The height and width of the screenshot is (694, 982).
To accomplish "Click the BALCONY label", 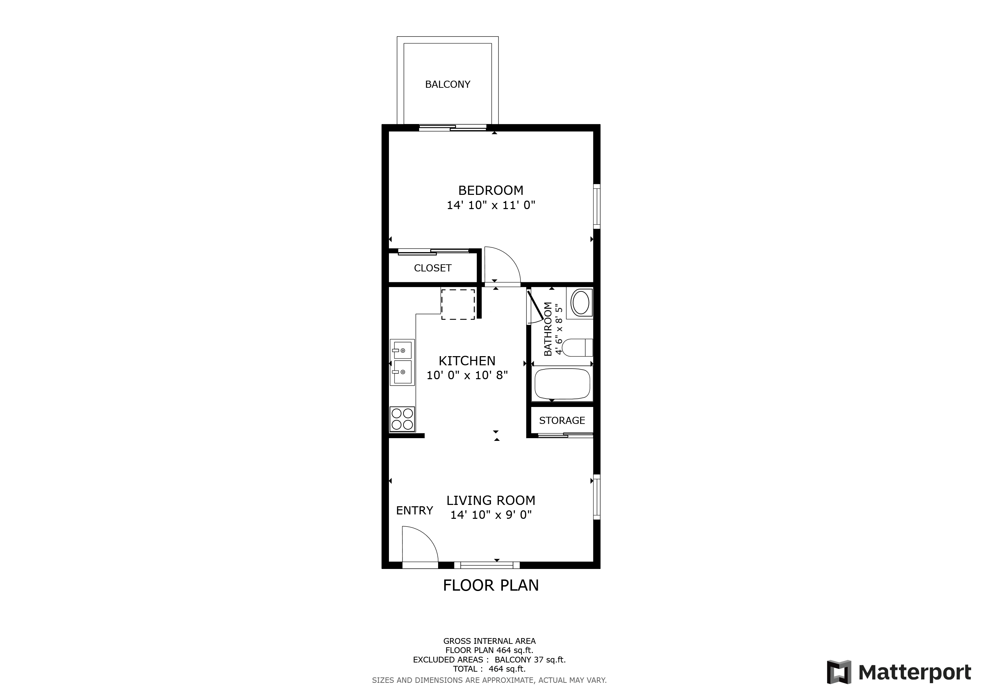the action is pyautogui.click(x=447, y=85).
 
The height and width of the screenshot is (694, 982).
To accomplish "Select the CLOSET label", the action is pyautogui.click(x=432, y=268).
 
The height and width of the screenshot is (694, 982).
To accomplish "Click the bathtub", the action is pyautogui.click(x=562, y=383).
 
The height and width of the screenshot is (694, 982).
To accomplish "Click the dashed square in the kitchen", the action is pyautogui.click(x=458, y=304).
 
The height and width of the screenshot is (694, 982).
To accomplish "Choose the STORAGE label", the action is pyautogui.click(x=562, y=421).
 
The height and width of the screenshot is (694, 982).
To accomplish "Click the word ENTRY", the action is pyautogui.click(x=414, y=511).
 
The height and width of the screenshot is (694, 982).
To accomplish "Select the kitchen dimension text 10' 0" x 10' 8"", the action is pyautogui.click(x=467, y=375).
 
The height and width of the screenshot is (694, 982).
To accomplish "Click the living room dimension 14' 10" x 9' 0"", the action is pyautogui.click(x=491, y=515).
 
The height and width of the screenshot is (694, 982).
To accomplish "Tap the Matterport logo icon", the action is pyautogui.click(x=839, y=672).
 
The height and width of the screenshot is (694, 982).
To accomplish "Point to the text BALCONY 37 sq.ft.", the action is pyautogui.click(x=530, y=660).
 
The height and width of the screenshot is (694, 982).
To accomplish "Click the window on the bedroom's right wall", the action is pyautogui.click(x=597, y=206).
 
